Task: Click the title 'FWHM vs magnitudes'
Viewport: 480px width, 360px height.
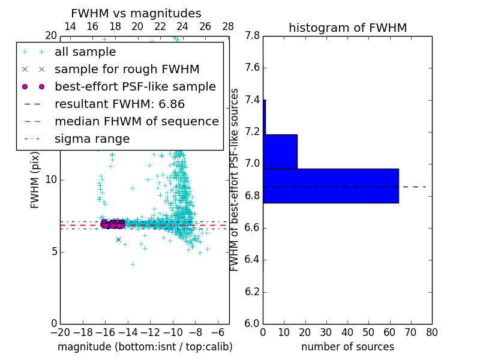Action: (136, 13)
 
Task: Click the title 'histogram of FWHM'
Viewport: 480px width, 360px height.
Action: (347, 28)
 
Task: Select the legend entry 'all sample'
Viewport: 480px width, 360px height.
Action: (85, 52)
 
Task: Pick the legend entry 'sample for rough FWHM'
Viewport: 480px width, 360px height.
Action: (127, 69)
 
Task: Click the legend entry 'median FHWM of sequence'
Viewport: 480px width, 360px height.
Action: (136, 121)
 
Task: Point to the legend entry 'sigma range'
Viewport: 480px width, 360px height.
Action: (92, 139)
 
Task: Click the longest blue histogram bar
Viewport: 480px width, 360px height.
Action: (331, 186)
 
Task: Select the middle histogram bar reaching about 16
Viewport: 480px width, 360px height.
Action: (280, 152)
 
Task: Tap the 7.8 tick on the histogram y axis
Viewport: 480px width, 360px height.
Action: (252, 36)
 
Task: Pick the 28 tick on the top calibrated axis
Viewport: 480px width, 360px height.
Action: (228, 26)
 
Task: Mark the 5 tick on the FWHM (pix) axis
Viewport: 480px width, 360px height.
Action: (53, 251)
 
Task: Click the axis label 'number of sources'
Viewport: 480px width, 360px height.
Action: (347, 347)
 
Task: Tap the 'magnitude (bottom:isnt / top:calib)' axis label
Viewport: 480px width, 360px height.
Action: (145, 347)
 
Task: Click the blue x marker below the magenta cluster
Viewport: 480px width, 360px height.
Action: (119, 239)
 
